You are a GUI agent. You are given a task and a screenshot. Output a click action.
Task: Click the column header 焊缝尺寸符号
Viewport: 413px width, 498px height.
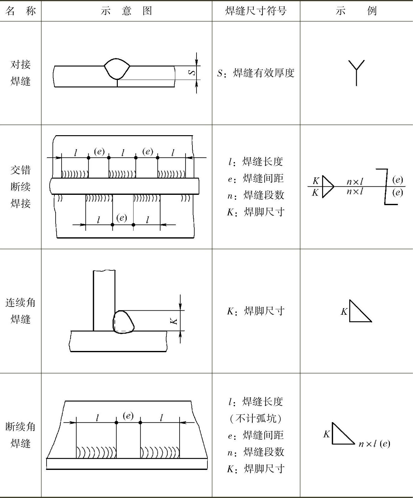pyautogui.click(x=256, y=11)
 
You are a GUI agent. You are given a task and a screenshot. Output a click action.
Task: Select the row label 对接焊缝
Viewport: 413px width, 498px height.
pyautogui.click(x=21, y=73)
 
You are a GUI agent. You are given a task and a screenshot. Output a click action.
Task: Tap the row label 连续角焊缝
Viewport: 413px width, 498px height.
pyautogui.click(x=21, y=311)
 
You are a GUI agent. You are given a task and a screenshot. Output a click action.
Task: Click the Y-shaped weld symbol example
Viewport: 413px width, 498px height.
pyautogui.click(x=356, y=72)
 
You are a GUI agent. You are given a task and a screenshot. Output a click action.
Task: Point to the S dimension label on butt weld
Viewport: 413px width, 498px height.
pyautogui.click(x=193, y=72)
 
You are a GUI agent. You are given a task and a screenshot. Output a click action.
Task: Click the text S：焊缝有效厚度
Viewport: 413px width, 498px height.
pyautogui.click(x=256, y=73)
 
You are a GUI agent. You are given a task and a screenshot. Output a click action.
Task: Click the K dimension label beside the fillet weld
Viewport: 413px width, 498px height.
pyautogui.click(x=175, y=321)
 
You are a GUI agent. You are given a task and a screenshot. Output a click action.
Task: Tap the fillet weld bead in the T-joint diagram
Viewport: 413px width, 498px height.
pyautogui.click(x=123, y=322)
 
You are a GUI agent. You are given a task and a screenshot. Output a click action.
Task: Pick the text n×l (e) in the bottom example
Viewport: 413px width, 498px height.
pyautogui.click(x=374, y=444)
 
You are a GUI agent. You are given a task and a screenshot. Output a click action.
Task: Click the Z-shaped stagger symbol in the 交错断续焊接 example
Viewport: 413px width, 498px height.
pyautogui.click(x=386, y=187)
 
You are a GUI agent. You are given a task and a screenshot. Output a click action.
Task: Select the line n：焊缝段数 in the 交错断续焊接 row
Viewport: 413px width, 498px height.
pyautogui.click(x=256, y=195)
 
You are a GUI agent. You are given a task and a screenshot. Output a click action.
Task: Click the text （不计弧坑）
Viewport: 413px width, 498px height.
pyautogui.click(x=256, y=418)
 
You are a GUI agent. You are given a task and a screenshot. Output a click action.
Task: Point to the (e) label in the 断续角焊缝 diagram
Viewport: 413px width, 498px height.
pyautogui.click(x=128, y=416)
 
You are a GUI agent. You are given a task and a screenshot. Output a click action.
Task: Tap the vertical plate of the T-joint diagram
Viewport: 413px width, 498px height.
pyautogui.click(x=104, y=300)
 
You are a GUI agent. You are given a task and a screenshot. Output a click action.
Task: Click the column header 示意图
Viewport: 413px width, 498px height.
pyautogui.click(x=127, y=11)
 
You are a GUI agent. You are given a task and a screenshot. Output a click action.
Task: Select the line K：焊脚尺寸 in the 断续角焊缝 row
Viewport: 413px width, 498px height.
pyautogui.click(x=256, y=469)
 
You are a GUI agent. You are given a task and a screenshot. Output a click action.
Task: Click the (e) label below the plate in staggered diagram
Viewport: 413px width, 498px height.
pyautogui.click(x=122, y=218)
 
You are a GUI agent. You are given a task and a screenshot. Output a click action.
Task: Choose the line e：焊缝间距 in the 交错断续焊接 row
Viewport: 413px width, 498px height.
pyautogui.click(x=256, y=179)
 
